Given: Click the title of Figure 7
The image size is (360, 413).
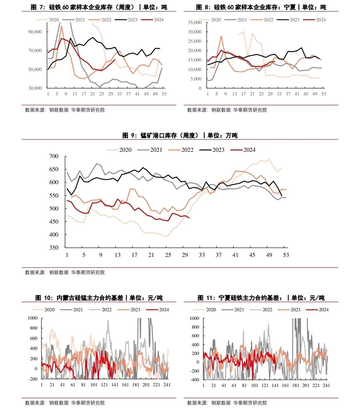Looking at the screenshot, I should [x=99, y=7].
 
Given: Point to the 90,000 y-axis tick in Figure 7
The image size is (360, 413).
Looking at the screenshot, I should [x=35, y=32].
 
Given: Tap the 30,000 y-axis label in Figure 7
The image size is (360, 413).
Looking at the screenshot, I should [x=35, y=88].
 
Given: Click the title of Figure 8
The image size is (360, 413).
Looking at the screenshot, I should [x=261, y=7].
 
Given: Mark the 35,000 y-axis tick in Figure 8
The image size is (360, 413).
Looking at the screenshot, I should [x=195, y=22].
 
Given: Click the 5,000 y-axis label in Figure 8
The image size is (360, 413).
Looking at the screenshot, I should [x=196, y=79].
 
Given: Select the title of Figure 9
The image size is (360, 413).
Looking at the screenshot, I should [x=180, y=135].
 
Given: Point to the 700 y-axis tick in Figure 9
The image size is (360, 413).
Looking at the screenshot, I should [x=54, y=156].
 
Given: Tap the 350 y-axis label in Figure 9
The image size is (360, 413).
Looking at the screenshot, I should [x=54, y=248].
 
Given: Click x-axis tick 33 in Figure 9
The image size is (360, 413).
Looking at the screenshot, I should [x=202, y=255].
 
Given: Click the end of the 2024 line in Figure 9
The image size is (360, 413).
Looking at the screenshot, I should [x=189, y=218].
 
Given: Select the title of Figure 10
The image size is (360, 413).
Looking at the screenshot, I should [x=99, y=298].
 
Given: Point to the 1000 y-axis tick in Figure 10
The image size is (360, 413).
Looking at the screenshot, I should [x=33, y=318].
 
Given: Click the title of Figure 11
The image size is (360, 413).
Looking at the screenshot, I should [x=261, y=298].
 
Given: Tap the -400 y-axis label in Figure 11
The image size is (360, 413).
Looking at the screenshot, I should [x=195, y=380].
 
